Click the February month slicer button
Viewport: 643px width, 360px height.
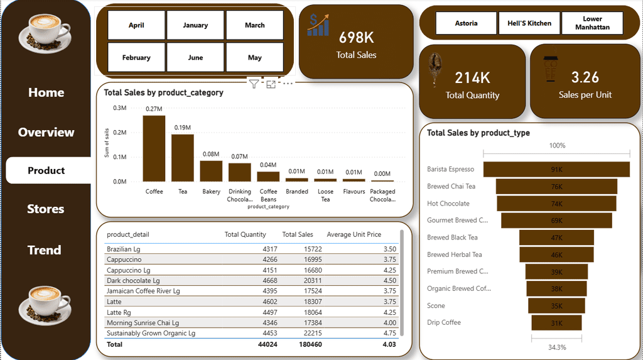(136, 57)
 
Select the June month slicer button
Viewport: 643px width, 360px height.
(195, 57)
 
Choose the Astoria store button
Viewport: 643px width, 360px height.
(466, 23)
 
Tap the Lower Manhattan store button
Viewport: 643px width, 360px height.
(592, 23)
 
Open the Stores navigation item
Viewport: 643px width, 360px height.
(46, 209)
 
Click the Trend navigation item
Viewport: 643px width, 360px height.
(45, 250)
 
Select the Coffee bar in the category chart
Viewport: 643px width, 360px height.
(154, 148)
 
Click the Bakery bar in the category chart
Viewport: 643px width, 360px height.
(211, 171)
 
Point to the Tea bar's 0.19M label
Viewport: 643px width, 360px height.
(183, 128)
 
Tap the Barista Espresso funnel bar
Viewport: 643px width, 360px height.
(556, 170)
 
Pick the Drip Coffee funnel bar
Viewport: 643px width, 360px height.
(556, 323)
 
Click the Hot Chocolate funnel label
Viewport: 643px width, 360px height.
(448, 204)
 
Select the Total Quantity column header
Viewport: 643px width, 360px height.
(246, 234)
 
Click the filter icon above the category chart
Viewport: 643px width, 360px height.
(253, 84)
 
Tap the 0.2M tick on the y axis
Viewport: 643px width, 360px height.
(119, 133)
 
